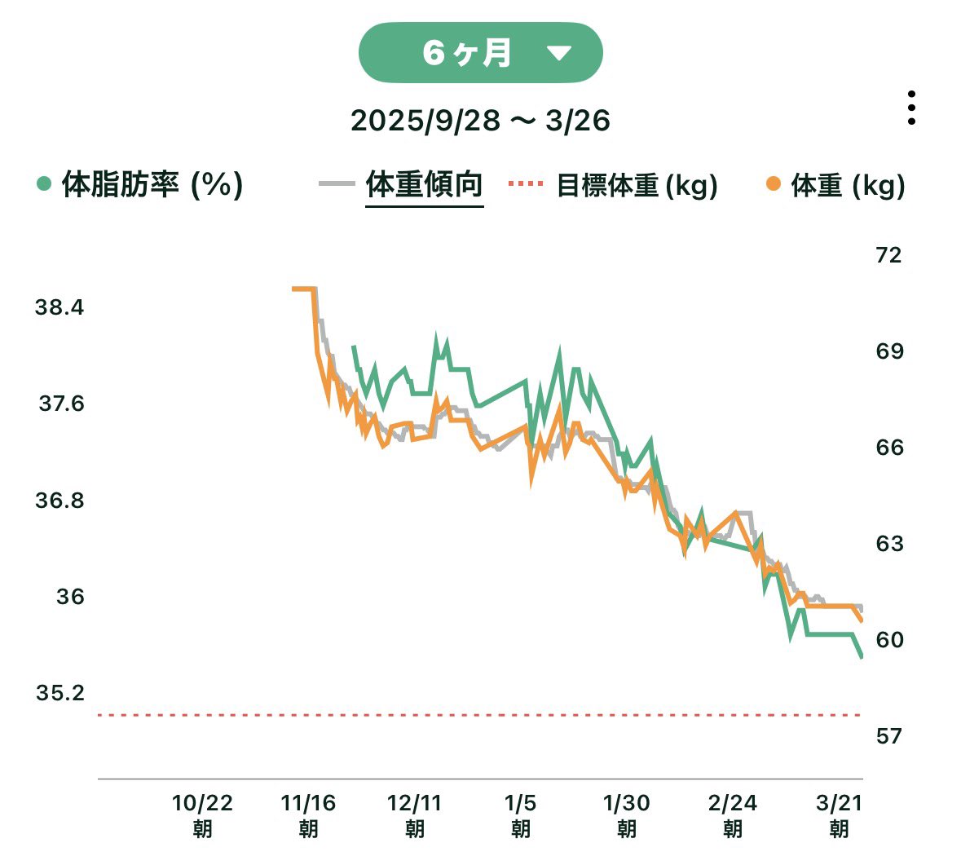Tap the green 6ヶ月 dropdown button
(x=480, y=53)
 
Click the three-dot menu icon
(x=911, y=108)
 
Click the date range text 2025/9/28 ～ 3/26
(x=480, y=121)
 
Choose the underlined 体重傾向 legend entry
(x=424, y=184)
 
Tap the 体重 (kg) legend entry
(x=847, y=185)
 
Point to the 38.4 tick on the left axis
(x=59, y=307)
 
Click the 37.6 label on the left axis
(x=61, y=404)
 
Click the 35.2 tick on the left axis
(x=60, y=693)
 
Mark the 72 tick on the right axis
(x=888, y=255)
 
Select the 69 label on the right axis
(x=889, y=351)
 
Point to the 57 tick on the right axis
(x=888, y=736)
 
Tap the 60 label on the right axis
(x=889, y=640)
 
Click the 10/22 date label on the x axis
(x=202, y=804)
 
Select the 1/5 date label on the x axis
(x=520, y=804)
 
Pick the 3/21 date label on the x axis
(x=839, y=804)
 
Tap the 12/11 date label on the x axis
(x=414, y=804)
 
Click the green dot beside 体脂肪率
(x=44, y=183)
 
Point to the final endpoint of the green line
(x=862, y=657)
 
